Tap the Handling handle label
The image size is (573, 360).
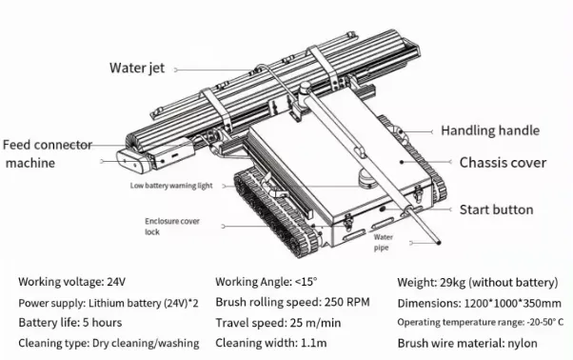[x=489, y=130]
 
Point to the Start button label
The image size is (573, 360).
[x=496, y=209]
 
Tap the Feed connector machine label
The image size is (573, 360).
[x=47, y=153]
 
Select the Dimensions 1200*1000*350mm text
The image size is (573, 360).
[x=476, y=302]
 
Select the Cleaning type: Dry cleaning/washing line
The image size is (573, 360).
[x=109, y=343]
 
